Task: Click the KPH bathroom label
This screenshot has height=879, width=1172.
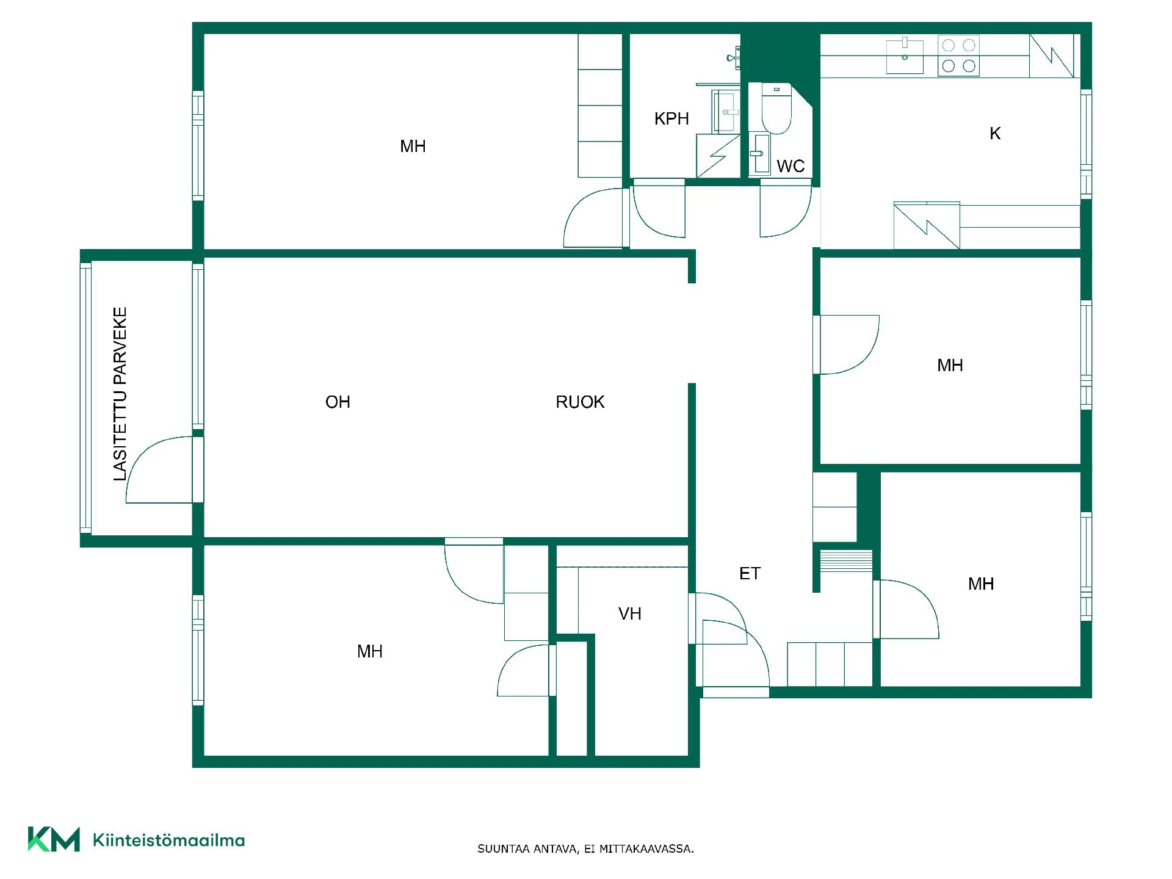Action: [671, 118]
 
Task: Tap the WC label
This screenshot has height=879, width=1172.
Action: [790, 166]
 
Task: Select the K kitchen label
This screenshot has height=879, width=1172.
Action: [995, 134]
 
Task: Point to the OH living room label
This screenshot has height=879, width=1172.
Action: [338, 402]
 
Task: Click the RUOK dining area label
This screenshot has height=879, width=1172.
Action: [580, 402]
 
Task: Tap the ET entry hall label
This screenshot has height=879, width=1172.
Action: [750, 573]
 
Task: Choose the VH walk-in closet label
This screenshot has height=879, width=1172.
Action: [630, 613]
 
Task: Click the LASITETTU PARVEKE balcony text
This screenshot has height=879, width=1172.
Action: [120, 394]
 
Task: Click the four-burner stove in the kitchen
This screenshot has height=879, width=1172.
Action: [958, 55]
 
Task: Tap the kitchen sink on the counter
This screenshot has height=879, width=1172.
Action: [905, 56]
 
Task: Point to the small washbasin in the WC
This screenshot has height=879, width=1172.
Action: [759, 153]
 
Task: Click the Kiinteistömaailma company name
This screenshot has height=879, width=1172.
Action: [168, 841]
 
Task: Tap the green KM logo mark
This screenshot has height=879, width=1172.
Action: [54, 839]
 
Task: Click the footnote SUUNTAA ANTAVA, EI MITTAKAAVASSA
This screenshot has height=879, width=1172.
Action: [585, 849]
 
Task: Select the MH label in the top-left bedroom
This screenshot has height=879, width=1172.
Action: [413, 146]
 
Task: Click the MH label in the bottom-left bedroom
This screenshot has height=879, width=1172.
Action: [370, 651]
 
